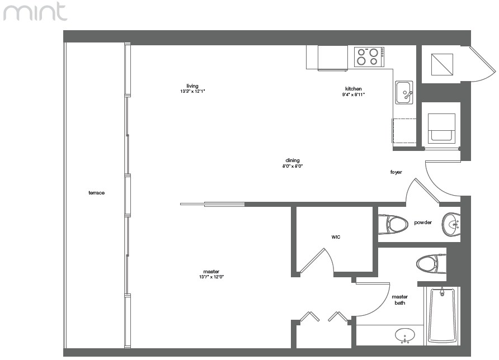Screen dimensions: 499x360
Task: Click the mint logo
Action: pyautogui.click(x=35, y=11)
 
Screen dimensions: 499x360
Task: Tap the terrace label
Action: pyautogui.click(x=96, y=193)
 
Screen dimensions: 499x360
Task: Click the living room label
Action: pyautogui.click(x=192, y=86)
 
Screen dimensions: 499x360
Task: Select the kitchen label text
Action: pyautogui.click(x=354, y=89)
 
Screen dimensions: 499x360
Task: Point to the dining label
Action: pyautogui.click(x=293, y=160)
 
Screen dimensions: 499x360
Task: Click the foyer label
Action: pyautogui.click(x=396, y=172)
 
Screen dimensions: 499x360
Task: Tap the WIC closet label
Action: pyautogui.click(x=336, y=237)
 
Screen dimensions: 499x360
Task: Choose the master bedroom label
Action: pyautogui.click(x=211, y=272)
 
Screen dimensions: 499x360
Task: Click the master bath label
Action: pyautogui.click(x=400, y=300)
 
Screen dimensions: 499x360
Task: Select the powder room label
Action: pyautogui.click(x=423, y=222)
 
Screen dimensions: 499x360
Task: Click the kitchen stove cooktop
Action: pyautogui.click(x=369, y=56)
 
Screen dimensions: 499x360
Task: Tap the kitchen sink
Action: pyautogui.click(x=404, y=93)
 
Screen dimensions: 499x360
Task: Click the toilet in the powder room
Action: pyautogui.click(x=393, y=225)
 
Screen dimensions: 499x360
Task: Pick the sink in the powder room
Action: pyautogui.click(x=451, y=224)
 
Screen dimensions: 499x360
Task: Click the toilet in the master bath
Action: pyautogui.click(x=431, y=264)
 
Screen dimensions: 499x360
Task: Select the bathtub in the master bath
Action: pyautogui.click(x=442, y=315)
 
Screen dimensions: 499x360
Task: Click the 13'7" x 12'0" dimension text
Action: pyautogui.click(x=211, y=277)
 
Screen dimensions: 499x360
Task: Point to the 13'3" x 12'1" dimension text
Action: pyautogui.click(x=192, y=91)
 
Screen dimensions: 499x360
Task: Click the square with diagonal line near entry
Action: pyautogui.click(x=442, y=64)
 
